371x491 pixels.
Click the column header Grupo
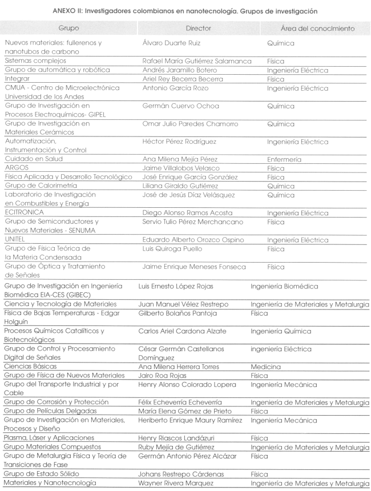pyautogui.click(x=68, y=27)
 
